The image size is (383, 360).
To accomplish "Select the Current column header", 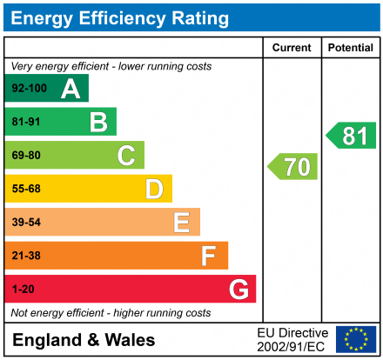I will (292, 48).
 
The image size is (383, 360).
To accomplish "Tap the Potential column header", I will (350, 48).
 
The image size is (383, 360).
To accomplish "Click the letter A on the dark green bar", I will (71, 89).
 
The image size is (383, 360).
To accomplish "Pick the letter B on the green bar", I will (98, 122).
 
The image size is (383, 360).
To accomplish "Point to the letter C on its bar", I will (126, 156).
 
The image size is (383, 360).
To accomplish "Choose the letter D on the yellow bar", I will (154, 189).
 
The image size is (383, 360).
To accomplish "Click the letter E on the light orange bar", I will (181, 223).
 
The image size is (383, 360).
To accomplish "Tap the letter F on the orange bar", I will (209, 256).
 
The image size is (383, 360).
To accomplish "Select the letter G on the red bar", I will (238, 289).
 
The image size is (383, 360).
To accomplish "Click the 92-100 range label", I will (29, 89).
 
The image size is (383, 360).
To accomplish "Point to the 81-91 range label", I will (26, 122).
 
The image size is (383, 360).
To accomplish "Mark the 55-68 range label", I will (26, 189).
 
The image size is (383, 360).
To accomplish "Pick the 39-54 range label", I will (26, 223).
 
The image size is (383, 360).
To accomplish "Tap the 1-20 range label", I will (23, 289).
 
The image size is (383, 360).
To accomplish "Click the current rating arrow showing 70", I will (293, 166).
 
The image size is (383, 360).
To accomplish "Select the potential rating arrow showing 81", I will (352, 136).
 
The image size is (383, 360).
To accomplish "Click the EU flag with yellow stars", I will (356, 339).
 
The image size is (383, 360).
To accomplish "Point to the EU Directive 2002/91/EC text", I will (292, 339).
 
